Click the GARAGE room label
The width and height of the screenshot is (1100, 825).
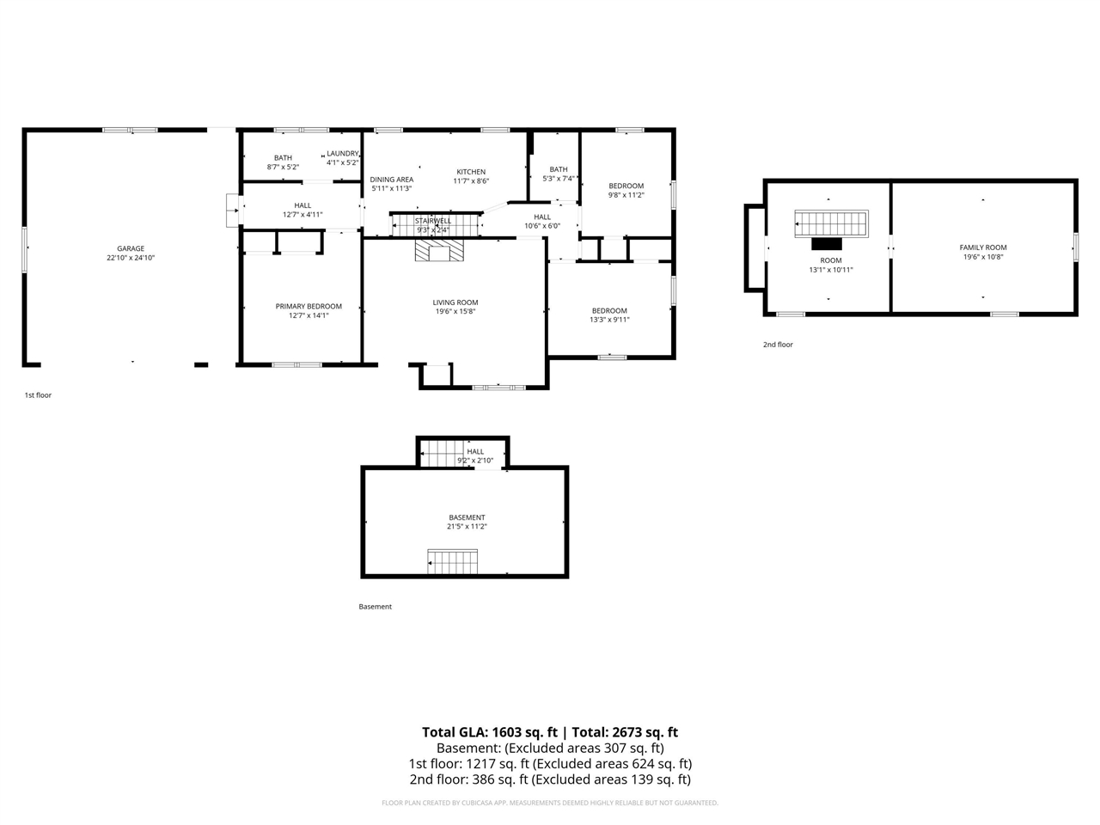tap(131, 248)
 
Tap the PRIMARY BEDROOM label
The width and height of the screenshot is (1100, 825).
tap(309, 306)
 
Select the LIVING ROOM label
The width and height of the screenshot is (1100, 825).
tap(455, 302)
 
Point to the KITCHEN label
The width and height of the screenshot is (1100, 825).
tap(471, 172)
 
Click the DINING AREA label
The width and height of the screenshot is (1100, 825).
tap(392, 180)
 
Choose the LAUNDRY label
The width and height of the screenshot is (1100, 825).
tap(342, 154)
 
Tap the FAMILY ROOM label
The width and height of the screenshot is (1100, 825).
tap(983, 247)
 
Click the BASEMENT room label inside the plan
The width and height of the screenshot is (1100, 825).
tap(467, 517)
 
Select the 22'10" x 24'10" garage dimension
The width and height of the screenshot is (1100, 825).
tap(131, 258)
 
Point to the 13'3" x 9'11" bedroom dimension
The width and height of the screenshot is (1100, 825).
tap(609, 320)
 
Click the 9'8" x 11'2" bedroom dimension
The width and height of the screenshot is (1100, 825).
tap(626, 195)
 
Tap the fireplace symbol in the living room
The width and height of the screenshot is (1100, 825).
tap(439, 250)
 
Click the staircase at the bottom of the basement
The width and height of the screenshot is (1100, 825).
tap(452, 563)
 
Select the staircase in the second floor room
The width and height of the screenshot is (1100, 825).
tap(830, 224)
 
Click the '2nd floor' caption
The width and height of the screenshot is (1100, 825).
tap(778, 345)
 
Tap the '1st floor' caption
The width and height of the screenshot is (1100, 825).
tap(38, 395)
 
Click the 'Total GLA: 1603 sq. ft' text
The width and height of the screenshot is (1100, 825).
tap(489, 732)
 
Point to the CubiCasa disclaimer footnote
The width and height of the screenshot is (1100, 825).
tap(550, 803)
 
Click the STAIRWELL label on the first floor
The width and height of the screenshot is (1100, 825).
tap(433, 221)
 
